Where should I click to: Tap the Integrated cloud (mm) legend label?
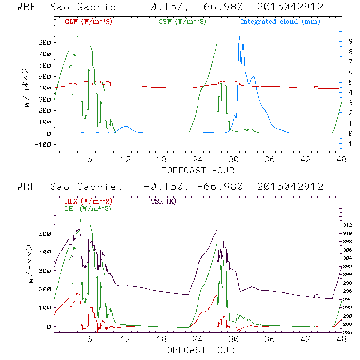(x=280, y=22)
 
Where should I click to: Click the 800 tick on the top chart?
(x=43, y=42)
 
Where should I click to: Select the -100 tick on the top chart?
(x=41, y=144)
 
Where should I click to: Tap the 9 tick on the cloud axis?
(x=349, y=41)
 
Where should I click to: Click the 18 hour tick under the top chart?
(x=162, y=160)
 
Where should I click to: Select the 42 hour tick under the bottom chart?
(x=306, y=339)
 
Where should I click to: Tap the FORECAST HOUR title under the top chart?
(x=198, y=170)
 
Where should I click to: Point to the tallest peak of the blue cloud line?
(x=239, y=36)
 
